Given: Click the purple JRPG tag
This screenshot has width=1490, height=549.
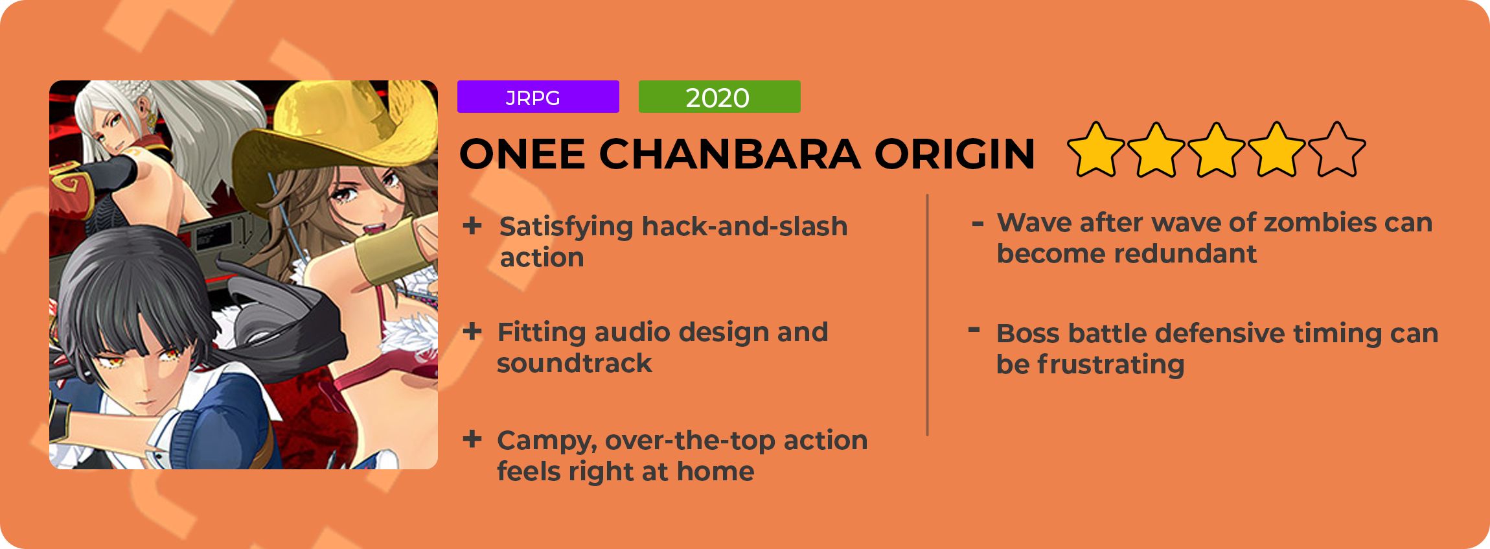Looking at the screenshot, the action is point(538,97).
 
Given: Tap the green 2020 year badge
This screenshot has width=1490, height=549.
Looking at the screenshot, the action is point(719,97).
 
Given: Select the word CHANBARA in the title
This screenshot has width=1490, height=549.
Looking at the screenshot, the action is point(730,154).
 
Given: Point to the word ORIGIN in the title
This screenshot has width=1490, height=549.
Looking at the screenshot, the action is point(954,154).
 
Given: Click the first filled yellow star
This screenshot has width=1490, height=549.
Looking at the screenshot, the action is point(1096,150).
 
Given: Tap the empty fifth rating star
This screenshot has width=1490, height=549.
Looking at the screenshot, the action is point(1336,150).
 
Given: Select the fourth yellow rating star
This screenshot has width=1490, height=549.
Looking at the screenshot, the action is point(1276,150).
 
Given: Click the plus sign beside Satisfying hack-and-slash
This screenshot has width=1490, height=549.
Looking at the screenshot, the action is point(472,226).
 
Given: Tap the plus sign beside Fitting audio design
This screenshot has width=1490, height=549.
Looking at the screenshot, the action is point(472,332).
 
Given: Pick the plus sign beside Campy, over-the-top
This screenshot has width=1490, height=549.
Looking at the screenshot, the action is point(472,439).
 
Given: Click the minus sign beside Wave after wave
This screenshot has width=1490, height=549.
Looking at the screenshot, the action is point(978,224).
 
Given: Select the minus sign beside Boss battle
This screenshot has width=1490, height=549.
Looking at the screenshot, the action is point(973,331).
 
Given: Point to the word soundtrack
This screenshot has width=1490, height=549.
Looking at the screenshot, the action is point(574,363).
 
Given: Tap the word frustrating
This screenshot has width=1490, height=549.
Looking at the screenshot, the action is point(1110,365).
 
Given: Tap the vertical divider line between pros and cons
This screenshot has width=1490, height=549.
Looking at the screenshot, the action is point(928,315).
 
